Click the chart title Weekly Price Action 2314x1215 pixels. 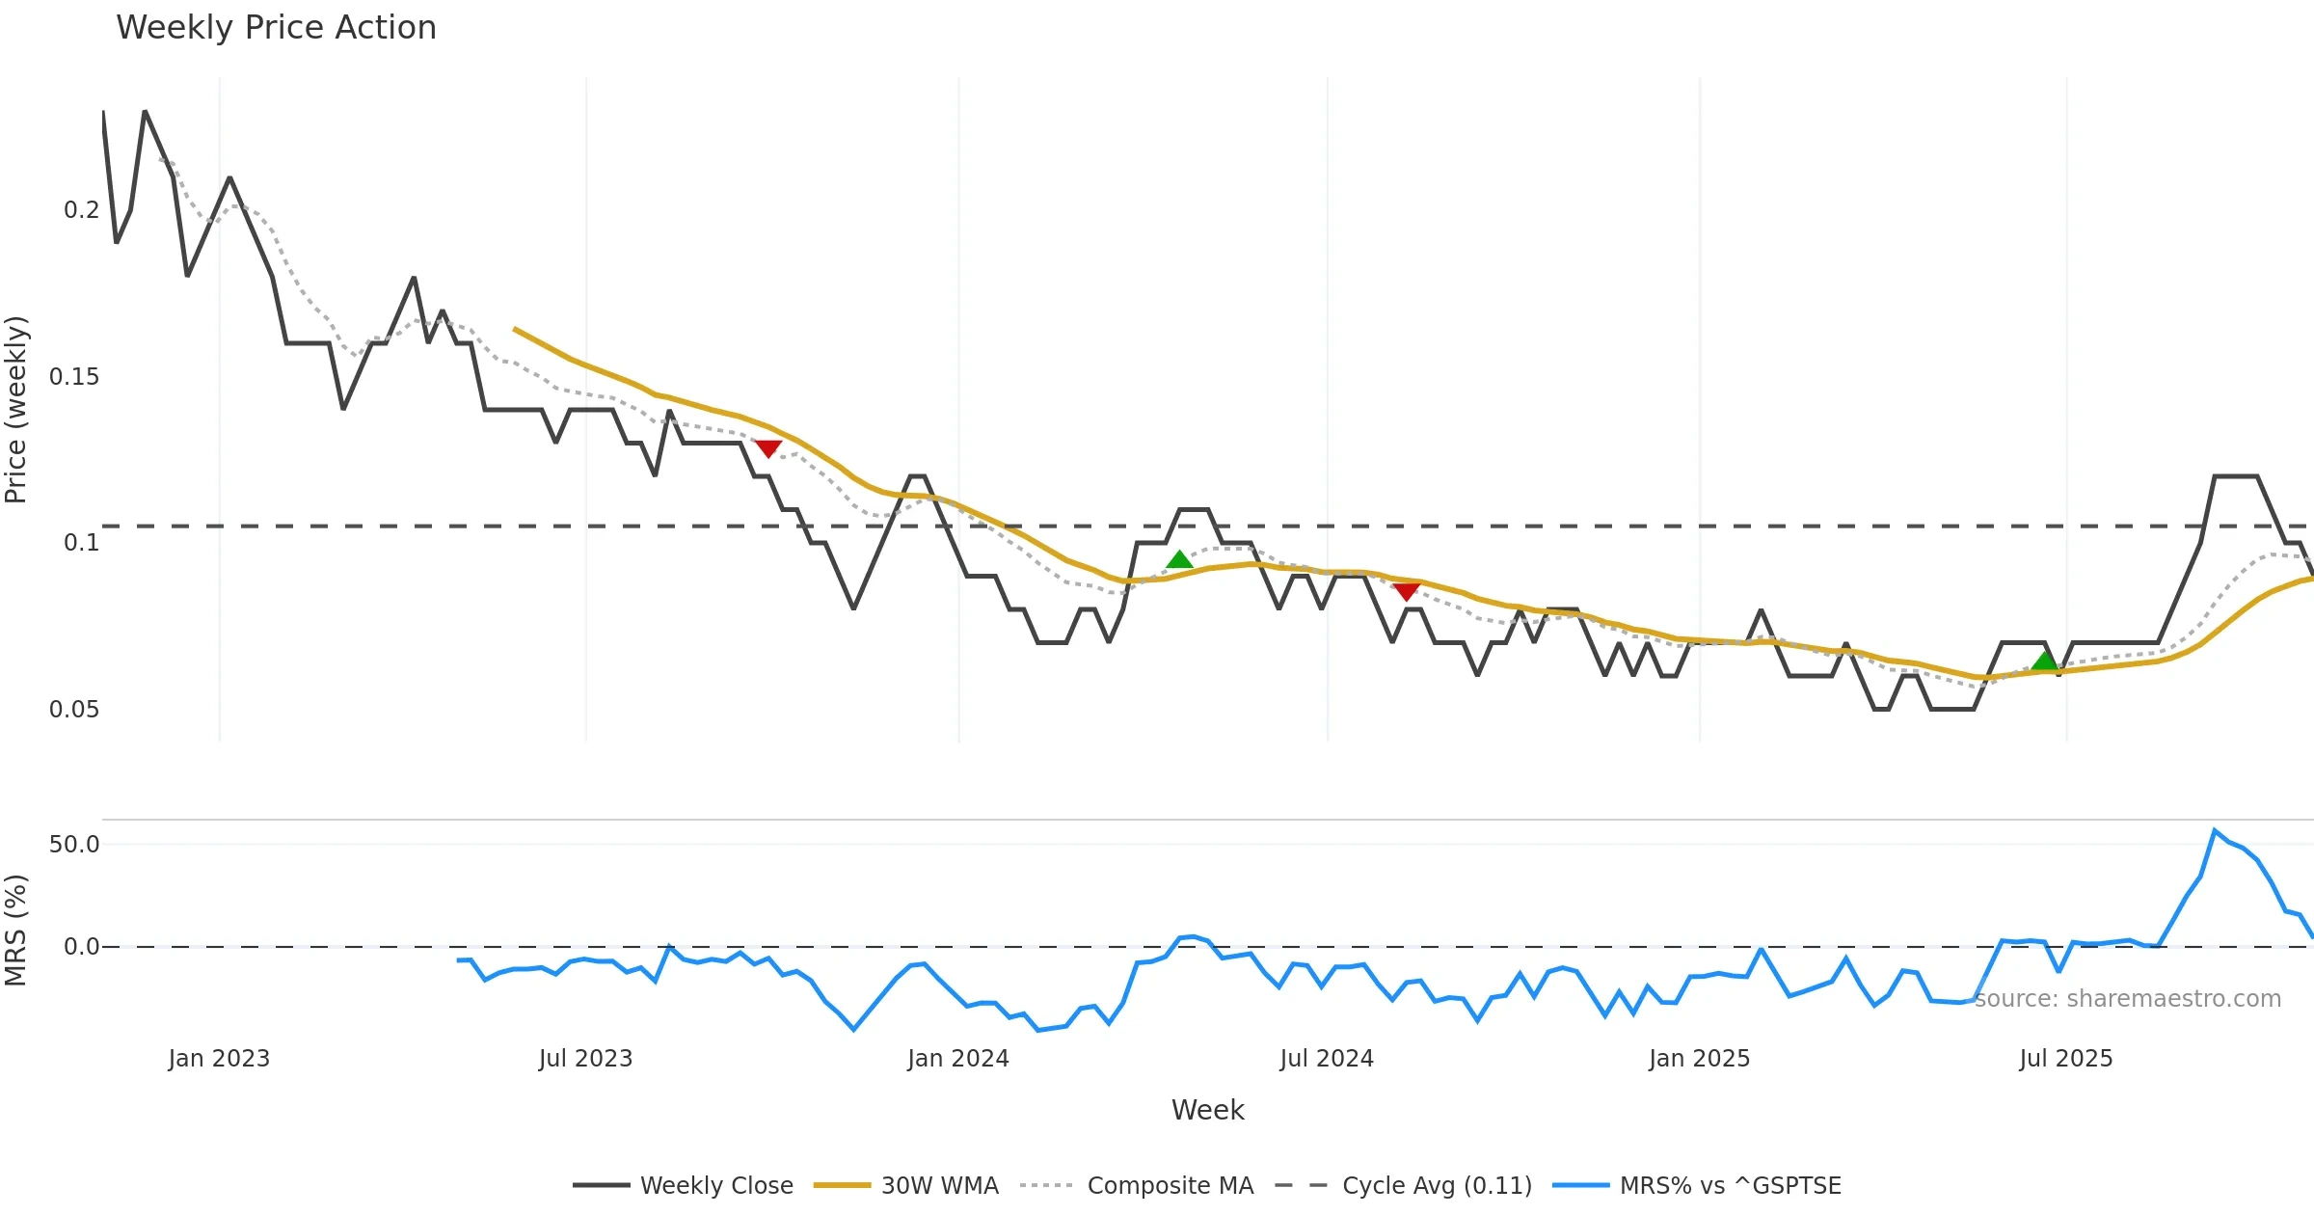(x=276, y=28)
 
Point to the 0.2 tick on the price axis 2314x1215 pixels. (x=81, y=210)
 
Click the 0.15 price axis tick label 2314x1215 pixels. (x=74, y=377)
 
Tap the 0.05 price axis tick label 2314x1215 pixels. (x=74, y=710)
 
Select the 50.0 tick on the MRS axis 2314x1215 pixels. (x=74, y=845)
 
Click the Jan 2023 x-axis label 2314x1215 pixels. (x=219, y=1059)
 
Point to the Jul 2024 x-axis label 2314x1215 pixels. (x=1327, y=1059)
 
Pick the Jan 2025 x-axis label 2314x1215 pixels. (x=1699, y=1059)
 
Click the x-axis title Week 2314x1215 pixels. (x=1207, y=1110)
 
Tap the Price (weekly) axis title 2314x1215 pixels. (x=16, y=410)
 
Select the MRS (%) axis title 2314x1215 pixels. (x=16, y=931)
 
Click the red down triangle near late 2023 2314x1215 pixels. (x=767, y=448)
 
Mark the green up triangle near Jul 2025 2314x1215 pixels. (x=2044, y=661)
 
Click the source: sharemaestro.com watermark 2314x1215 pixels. (x=2127, y=999)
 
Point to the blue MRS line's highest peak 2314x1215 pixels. (x=2215, y=830)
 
